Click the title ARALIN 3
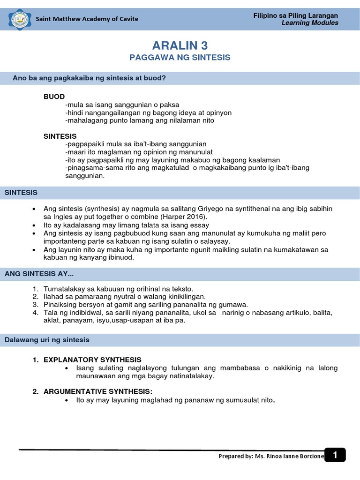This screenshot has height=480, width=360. coord(180,45)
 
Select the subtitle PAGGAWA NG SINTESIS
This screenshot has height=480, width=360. coord(180,57)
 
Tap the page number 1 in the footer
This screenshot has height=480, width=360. coord(335,455)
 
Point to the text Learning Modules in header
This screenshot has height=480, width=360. coord(310,23)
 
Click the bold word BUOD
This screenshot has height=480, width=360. coord(54,97)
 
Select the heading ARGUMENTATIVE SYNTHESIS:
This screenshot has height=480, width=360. coord(98,391)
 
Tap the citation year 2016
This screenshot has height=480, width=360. coord(196,217)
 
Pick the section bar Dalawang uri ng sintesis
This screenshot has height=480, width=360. coord(47,340)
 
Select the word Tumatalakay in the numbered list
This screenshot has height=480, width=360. coord(63,289)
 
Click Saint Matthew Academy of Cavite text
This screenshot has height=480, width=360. coord(87,19)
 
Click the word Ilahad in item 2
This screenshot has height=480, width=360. coord(52,297)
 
